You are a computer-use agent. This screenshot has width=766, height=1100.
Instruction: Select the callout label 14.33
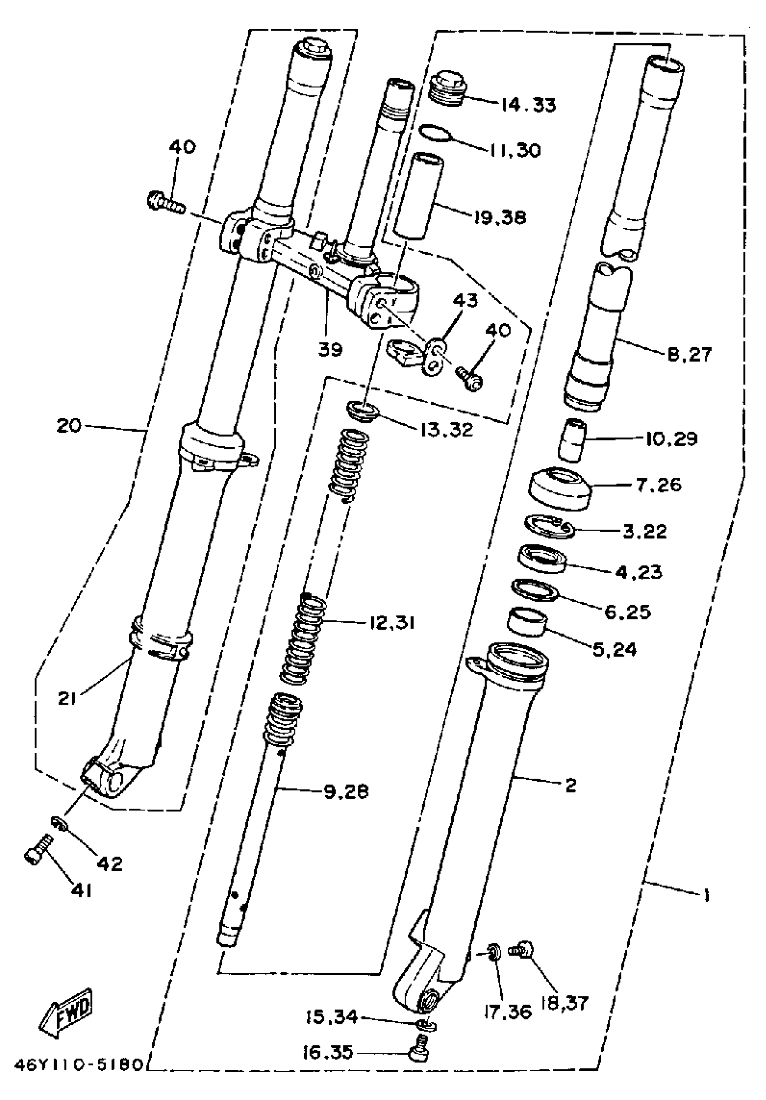click(528, 104)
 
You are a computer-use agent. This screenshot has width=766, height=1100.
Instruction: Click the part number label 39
click(330, 349)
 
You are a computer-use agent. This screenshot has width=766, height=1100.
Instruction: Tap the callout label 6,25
click(628, 612)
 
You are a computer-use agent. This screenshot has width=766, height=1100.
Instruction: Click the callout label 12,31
click(392, 623)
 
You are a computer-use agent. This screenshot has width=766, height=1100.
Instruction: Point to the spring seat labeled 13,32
click(362, 411)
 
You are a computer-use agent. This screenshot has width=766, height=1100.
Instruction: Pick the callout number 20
click(69, 426)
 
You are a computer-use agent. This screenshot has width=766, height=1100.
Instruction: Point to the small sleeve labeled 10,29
click(571, 440)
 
